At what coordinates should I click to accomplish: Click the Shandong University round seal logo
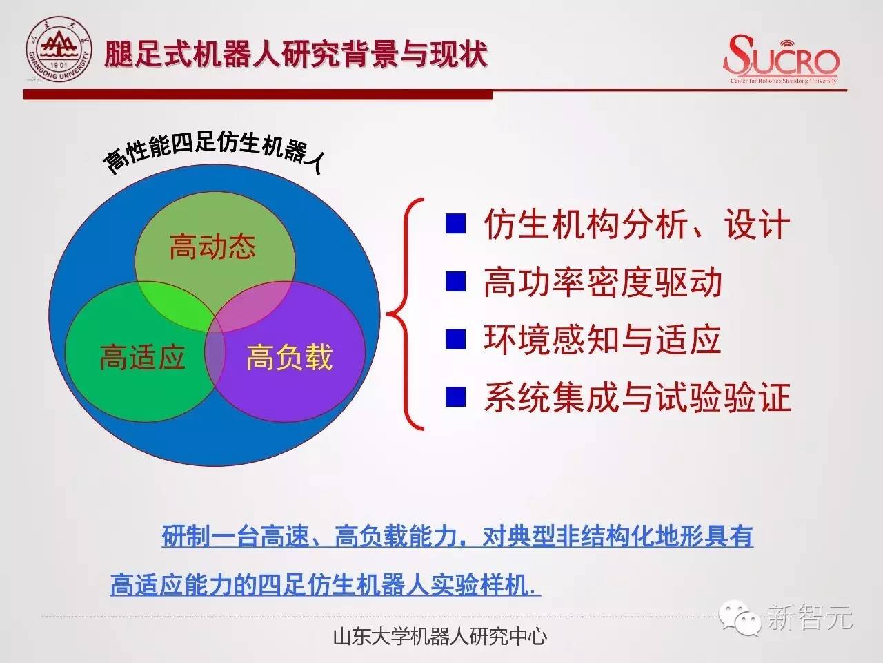pos(59,49)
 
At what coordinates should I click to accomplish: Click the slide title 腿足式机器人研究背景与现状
pos(296,54)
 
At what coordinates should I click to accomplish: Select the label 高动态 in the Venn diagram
pos(212,247)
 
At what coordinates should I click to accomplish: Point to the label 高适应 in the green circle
pos(142,356)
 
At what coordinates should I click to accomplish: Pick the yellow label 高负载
pos(290,356)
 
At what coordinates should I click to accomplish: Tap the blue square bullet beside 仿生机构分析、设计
pos(455,223)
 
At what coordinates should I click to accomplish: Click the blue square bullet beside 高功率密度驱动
pos(455,281)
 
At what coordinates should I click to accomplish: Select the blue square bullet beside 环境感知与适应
pos(455,339)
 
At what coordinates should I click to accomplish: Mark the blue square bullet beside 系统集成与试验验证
pos(455,396)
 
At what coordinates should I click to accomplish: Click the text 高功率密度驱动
pos(603,282)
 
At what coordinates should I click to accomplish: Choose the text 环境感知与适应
pos(602,339)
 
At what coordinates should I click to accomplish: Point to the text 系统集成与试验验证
pos(637,397)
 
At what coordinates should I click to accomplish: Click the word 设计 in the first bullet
pos(756,224)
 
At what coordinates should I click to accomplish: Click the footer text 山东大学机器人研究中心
pos(440,637)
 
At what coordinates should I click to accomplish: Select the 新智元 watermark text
pos(809,616)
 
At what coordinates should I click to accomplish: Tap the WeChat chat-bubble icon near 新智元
pos(740,618)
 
